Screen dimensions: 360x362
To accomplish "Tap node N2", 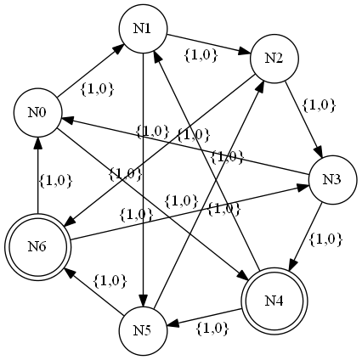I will tap(273, 58).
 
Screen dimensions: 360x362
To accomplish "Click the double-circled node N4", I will tap(273, 301).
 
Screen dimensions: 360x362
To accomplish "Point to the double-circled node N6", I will tap(37, 247).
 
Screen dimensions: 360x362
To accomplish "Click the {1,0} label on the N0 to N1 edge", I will tap(97, 87).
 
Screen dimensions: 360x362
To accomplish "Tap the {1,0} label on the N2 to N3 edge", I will tap(320, 105).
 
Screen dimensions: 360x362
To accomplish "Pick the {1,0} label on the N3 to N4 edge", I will tap(325, 239).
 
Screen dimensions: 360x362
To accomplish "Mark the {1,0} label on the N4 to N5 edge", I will tap(212, 326).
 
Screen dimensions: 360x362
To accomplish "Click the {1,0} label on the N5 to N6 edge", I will tap(110, 279).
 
